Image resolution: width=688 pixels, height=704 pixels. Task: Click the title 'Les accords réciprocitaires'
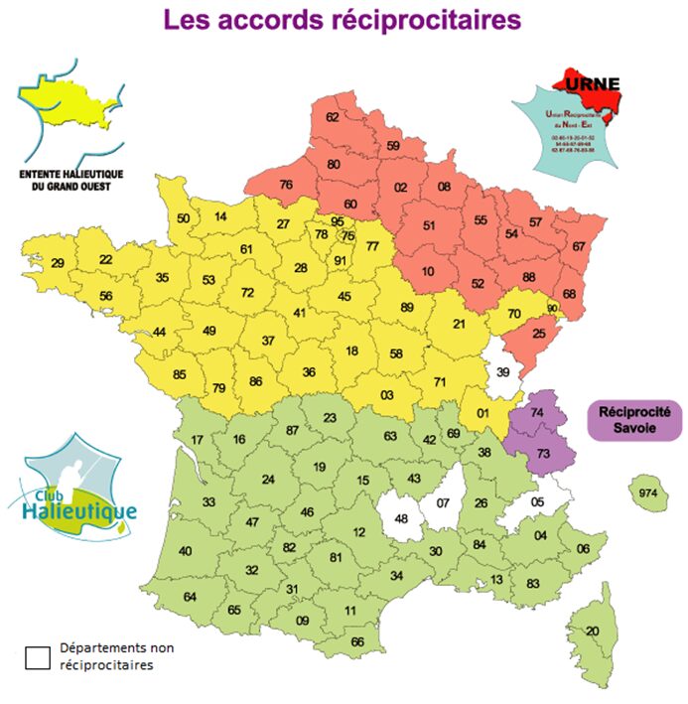(x=342, y=20)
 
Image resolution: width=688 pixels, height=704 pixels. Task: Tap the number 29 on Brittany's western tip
(x=59, y=263)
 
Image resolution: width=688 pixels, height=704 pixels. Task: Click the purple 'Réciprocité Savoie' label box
(x=635, y=420)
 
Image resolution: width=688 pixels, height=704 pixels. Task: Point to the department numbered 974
(x=649, y=493)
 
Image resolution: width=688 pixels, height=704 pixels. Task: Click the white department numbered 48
(x=402, y=518)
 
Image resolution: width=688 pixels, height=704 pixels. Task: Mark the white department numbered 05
(x=538, y=502)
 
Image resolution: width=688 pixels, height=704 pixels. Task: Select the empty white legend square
(x=38, y=656)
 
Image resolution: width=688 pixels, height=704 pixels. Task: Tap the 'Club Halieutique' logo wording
(x=78, y=505)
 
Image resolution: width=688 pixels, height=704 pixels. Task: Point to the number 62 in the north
(x=334, y=117)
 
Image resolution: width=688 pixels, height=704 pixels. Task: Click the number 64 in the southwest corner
(x=191, y=596)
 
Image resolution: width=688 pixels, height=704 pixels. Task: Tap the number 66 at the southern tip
(x=357, y=641)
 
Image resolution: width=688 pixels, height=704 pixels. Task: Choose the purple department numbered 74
(x=537, y=413)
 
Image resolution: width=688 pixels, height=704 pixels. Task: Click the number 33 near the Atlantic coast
(x=208, y=502)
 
